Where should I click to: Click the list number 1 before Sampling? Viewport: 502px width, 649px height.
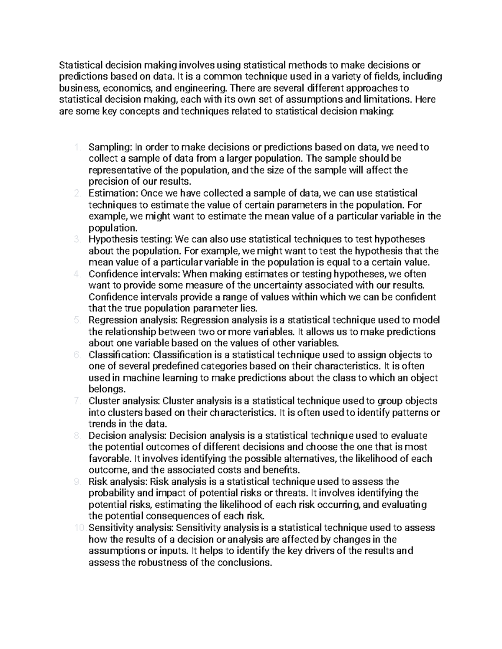[x=76, y=147]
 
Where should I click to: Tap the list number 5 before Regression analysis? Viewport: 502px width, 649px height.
[x=76, y=320]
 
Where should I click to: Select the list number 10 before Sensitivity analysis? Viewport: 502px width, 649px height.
[x=79, y=528]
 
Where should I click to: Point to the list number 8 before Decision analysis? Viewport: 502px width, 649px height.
[x=76, y=435]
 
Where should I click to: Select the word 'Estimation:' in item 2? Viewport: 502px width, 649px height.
[x=113, y=193]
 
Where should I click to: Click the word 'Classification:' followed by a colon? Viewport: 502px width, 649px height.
[x=119, y=355]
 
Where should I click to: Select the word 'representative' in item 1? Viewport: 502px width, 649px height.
[x=116, y=170]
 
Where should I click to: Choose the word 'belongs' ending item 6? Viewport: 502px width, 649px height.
[x=105, y=389]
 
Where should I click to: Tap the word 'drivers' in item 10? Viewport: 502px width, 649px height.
[x=319, y=551]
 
